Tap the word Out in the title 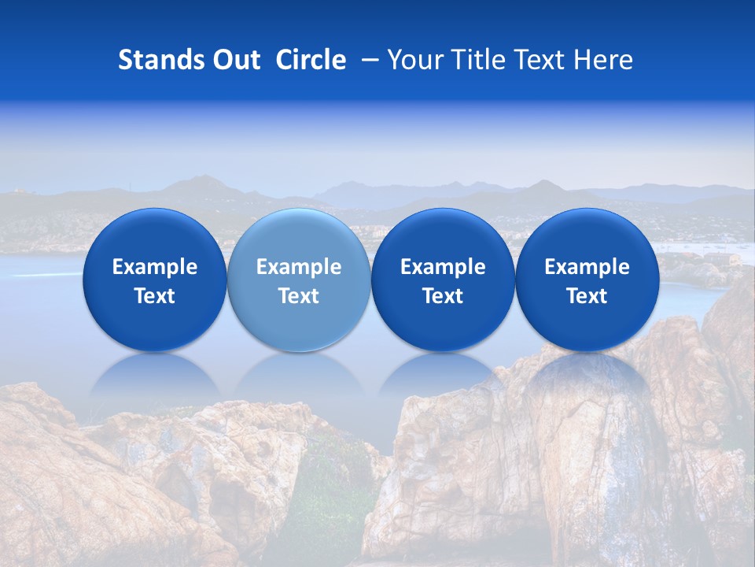click(x=235, y=61)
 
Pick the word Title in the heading click(x=475, y=61)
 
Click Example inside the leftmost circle click(x=155, y=267)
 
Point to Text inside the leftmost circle click(x=155, y=296)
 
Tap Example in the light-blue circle click(x=299, y=267)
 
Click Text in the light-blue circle click(x=299, y=296)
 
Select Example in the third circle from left click(x=443, y=267)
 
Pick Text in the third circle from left click(x=443, y=296)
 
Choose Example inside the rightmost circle click(x=587, y=267)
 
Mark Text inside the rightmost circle click(x=587, y=296)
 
